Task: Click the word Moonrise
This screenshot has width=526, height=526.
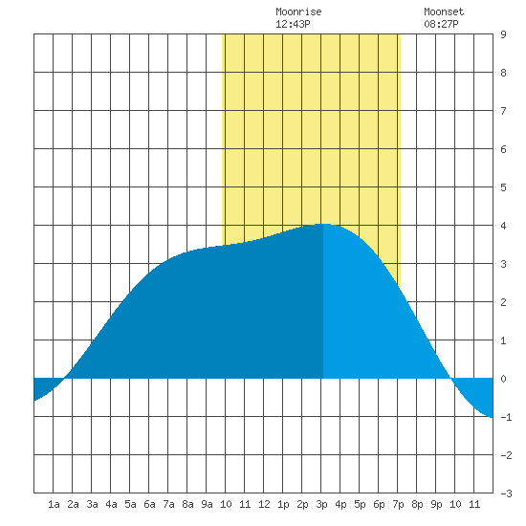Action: pos(298,11)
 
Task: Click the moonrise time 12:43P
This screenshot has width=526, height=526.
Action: pos(293,24)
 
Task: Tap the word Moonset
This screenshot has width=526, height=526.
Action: pos(444,11)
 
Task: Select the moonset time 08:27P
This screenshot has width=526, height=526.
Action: pos(441,24)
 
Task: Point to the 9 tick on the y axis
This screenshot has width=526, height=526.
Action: pos(503,34)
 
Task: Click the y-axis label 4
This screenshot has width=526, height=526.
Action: pos(503,226)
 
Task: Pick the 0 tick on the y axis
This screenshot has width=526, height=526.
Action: pos(503,379)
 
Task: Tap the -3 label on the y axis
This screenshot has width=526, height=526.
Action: pos(506,493)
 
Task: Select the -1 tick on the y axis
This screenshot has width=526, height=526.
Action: pos(506,417)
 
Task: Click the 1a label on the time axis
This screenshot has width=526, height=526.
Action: pos(54,504)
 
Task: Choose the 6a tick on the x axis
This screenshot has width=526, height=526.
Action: pos(149,504)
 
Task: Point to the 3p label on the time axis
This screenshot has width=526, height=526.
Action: pos(321,504)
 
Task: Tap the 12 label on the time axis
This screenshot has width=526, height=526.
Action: pos(264,504)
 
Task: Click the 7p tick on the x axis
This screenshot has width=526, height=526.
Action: pos(398,504)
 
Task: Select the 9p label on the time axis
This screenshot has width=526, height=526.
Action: pos(436,504)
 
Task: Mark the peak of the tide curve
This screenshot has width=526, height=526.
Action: pos(324,224)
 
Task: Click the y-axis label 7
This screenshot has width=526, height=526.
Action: pos(503,111)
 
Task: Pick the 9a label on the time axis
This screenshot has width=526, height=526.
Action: pos(207,504)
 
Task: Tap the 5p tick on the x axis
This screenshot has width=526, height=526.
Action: pos(360,504)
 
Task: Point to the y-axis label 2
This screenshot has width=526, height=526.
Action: pos(503,302)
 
